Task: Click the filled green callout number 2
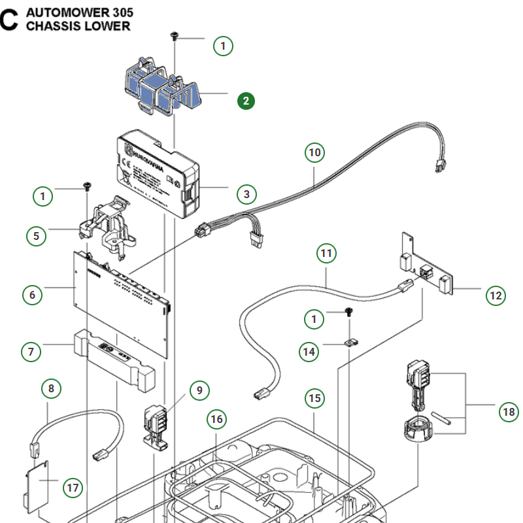point(246,101)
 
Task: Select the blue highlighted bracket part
point(160,88)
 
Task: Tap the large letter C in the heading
point(9,20)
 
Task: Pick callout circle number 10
point(315,153)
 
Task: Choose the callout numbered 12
point(496,295)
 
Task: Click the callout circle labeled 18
point(508,412)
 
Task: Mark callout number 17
point(73,487)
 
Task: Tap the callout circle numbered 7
point(31,352)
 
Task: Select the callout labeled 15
point(315,398)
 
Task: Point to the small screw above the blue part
point(175,34)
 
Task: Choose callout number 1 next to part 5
point(44,195)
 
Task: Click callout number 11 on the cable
point(326,252)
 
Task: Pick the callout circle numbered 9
point(199,391)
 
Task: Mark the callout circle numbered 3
point(246,194)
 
